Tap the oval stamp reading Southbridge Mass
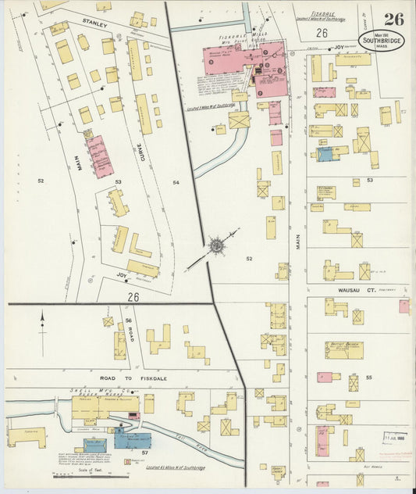tap(382, 41)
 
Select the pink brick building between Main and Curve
tap(100, 156)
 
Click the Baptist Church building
tap(343, 349)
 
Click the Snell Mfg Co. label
tap(87, 392)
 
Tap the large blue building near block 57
tap(131, 440)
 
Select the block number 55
tap(368, 377)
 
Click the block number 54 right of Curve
tap(176, 182)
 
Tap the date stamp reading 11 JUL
tap(395, 437)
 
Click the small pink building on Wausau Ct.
tap(404, 306)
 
